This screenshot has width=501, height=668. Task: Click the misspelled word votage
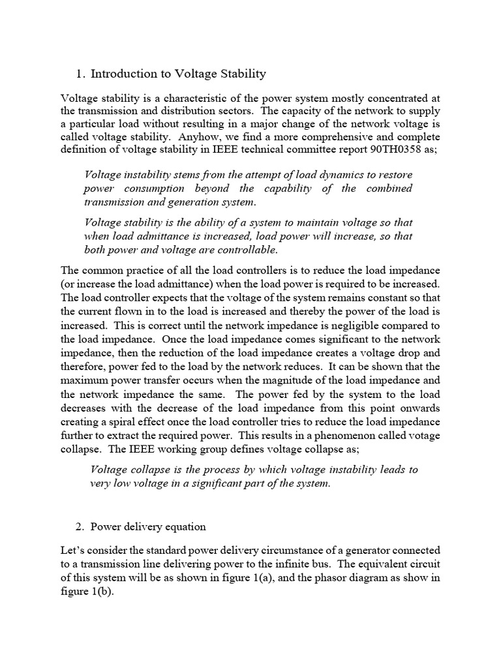[x=425, y=436]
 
